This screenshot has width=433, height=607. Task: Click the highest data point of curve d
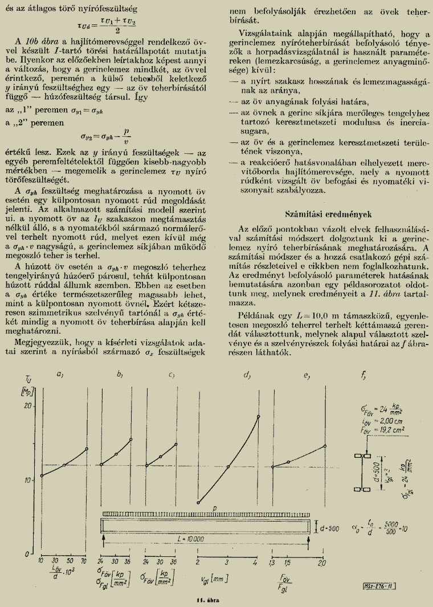point(259,416)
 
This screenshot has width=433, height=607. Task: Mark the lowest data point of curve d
point(198,503)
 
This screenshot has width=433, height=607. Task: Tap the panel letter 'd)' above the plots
point(246,375)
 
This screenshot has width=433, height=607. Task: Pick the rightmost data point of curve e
point(325,430)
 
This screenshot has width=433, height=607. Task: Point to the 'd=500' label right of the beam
point(329,528)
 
